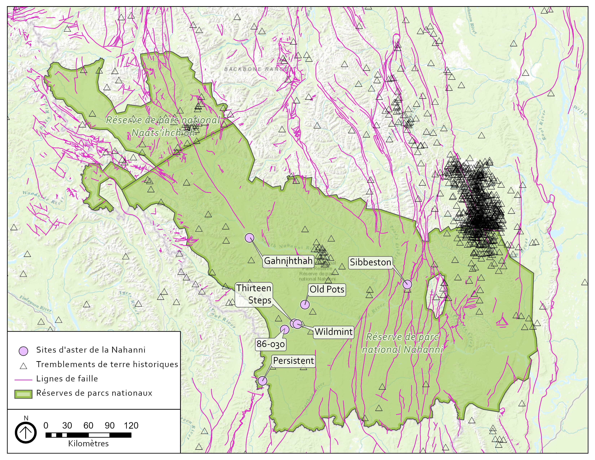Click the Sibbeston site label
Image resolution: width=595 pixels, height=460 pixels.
pyautogui.click(x=370, y=262)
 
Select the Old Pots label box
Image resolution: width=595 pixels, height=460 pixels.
pyautogui.click(x=327, y=289)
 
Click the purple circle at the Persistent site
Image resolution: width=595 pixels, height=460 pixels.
pyautogui.click(x=262, y=381)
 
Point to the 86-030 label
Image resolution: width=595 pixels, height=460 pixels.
pyautogui.click(x=270, y=344)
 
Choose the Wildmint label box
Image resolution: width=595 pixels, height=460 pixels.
pyautogui.click(x=333, y=332)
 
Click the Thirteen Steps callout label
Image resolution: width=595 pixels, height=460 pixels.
pyautogui.click(x=254, y=294)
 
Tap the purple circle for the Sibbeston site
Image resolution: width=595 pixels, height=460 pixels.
pyautogui.click(x=407, y=284)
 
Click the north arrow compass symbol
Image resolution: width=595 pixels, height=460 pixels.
pyautogui.click(x=26, y=432)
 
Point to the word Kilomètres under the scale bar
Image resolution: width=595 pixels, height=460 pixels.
pyautogui.click(x=88, y=444)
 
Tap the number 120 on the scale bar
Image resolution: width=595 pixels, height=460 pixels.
pyautogui.click(x=131, y=426)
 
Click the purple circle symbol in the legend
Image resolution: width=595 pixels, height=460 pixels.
pyautogui.click(x=23, y=351)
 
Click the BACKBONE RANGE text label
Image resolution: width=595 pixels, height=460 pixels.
pyautogui.click(x=255, y=69)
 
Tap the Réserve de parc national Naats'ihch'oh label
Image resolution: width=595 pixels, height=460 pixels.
pyautogui.click(x=163, y=126)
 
